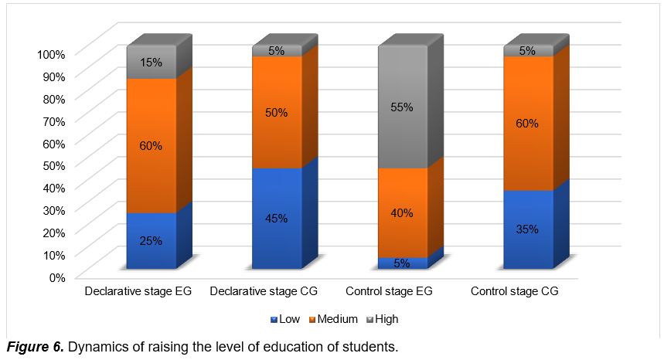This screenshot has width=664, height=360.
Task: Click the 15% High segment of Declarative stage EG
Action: pyautogui.click(x=152, y=62)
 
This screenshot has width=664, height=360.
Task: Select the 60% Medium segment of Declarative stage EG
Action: pyautogui.click(x=152, y=145)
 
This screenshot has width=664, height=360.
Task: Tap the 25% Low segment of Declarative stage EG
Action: pyautogui.click(x=152, y=240)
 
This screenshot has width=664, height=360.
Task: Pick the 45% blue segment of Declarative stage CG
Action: pyautogui.click(x=277, y=218)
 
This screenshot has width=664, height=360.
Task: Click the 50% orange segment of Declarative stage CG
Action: pyautogui.click(x=277, y=112)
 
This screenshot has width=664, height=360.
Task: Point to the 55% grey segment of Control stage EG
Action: pyautogui.click(x=402, y=107)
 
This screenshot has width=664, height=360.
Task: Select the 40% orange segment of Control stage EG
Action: pyautogui.click(x=402, y=212)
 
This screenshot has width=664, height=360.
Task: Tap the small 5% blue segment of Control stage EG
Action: pyautogui.click(x=402, y=263)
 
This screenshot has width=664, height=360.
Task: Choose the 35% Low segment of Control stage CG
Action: pyautogui.click(x=528, y=229)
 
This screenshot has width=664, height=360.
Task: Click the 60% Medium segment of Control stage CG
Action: pyautogui.click(x=528, y=123)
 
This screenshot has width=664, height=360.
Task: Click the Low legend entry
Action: pyautogui.click(x=286, y=319)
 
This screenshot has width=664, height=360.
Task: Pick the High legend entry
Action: pyautogui.click(x=383, y=319)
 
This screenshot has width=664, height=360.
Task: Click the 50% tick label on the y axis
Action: pyautogui.click(x=55, y=165)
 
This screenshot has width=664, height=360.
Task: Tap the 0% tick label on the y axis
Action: pyautogui.click(x=58, y=277)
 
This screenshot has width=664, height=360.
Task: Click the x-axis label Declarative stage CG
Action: pyautogui.click(x=264, y=292)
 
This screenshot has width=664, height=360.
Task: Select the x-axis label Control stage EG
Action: pyautogui.click(x=388, y=292)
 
